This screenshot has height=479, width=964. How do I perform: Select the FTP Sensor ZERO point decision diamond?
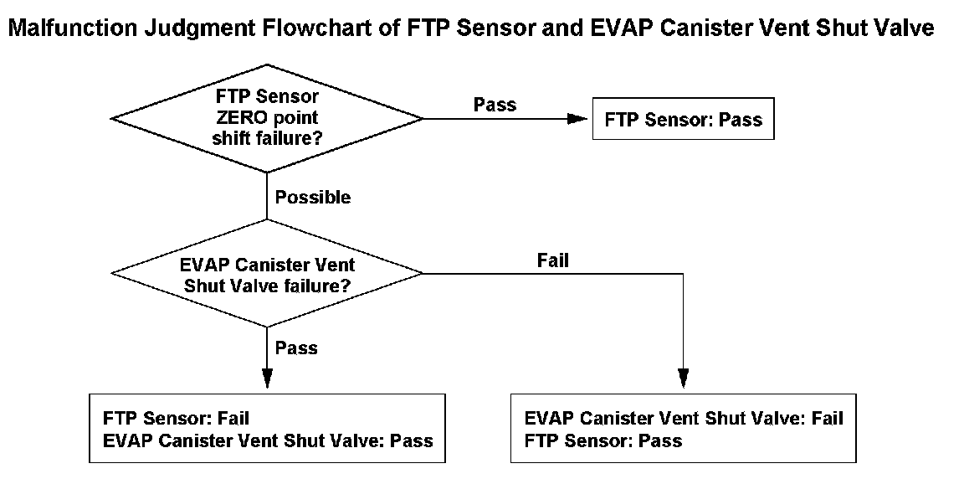267,118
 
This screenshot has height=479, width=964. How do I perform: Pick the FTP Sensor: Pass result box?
683,119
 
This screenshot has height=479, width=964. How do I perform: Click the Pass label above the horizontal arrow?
495,105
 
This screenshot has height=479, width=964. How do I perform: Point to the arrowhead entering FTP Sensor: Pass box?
578,119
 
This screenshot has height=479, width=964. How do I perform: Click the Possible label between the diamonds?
313,198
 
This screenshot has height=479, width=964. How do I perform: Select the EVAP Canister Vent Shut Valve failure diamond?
267,272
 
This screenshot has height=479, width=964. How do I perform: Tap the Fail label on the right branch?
552,260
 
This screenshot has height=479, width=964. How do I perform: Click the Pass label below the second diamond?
296,348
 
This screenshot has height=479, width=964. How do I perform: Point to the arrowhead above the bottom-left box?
267,378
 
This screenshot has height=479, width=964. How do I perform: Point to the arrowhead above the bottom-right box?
683,378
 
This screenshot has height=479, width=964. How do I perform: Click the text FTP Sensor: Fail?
177,419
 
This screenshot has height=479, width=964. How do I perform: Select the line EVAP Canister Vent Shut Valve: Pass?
268,440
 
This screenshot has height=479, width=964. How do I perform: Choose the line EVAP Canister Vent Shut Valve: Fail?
684,419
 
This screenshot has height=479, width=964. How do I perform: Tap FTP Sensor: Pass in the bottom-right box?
603,440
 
